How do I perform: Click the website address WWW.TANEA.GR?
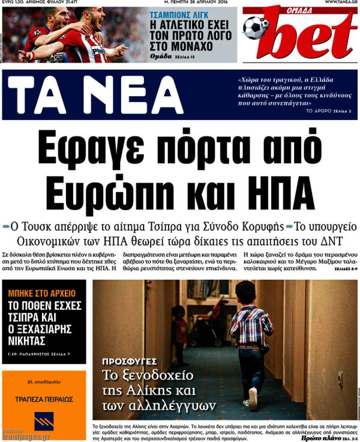[341, 3]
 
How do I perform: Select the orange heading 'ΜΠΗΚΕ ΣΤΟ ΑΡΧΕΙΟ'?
[41, 293]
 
